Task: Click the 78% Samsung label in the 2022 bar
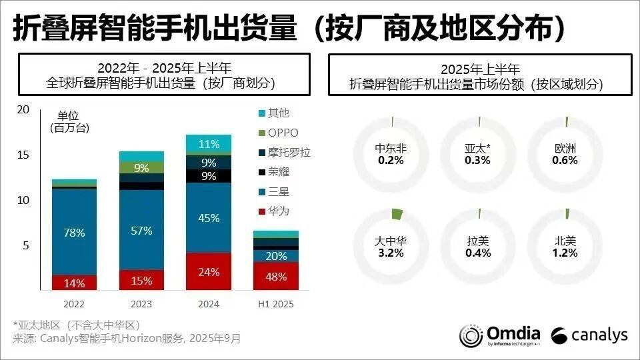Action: tap(74, 233)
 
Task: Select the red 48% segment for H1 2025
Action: tap(275, 276)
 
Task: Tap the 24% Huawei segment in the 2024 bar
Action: tap(209, 271)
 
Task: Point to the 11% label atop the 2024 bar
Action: tap(209, 144)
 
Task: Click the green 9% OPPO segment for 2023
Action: tap(141, 168)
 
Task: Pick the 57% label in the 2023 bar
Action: tap(141, 231)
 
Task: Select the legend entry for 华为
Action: tap(277, 211)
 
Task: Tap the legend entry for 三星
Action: tap(277, 191)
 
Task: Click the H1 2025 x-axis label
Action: tap(275, 304)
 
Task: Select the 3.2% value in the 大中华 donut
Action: tap(391, 253)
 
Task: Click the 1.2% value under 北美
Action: tap(566, 253)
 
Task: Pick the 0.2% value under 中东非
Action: tap(391, 160)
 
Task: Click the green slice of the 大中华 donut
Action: tap(397, 214)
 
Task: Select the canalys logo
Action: tap(589, 335)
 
